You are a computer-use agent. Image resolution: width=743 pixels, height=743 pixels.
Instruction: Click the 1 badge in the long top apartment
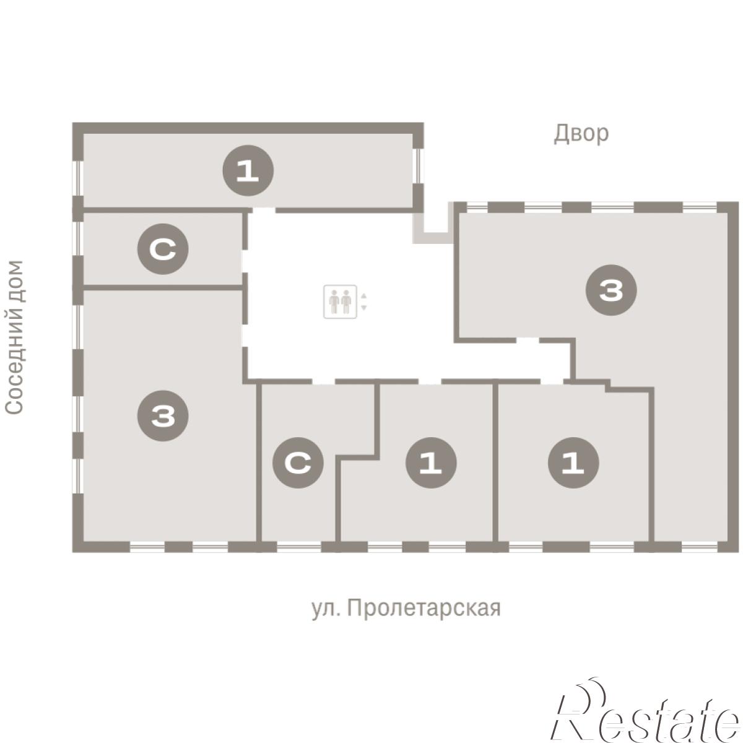tap(248, 170)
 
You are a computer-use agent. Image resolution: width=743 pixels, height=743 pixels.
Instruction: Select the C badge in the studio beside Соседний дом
tap(163, 249)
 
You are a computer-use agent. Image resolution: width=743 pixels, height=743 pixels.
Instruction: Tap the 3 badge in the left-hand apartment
tap(163, 415)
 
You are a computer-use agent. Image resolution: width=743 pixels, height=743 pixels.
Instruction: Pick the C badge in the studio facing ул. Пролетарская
tap(298, 463)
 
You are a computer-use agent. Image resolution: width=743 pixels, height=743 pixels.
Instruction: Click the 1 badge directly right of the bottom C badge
tap(431, 463)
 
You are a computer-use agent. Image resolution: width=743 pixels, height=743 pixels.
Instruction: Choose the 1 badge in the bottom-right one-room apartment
tap(573, 463)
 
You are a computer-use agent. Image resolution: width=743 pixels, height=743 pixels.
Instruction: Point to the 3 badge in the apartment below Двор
tap(611, 290)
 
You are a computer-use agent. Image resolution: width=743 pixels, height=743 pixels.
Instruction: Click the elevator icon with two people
tap(340, 302)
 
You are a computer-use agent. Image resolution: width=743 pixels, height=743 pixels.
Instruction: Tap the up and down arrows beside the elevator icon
tap(363, 302)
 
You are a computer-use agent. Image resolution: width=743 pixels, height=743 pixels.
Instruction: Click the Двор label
tap(581, 134)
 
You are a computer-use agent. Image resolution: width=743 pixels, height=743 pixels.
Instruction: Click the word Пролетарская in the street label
tap(424, 609)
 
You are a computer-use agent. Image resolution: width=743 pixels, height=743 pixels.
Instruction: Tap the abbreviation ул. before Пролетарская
tap(326, 610)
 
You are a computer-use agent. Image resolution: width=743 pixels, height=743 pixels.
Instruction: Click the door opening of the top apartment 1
tap(264, 211)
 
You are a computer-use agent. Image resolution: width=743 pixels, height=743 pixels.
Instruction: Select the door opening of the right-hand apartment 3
tap(527, 340)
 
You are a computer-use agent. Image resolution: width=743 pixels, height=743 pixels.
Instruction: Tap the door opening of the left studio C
tap(245, 261)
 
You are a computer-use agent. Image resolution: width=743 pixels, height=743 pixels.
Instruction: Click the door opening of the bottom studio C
tap(323, 382)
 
